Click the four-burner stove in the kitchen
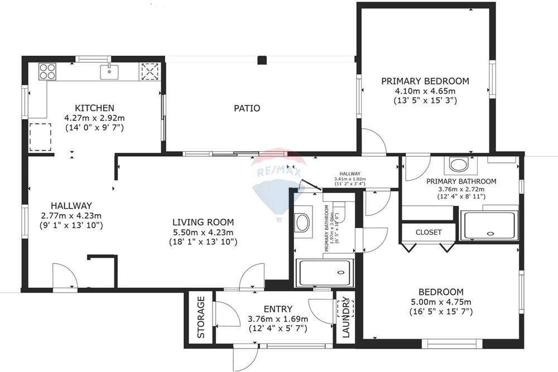[x=47, y=71]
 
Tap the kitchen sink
[x=110, y=71]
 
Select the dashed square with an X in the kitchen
[x=150, y=71]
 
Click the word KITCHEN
[x=95, y=108]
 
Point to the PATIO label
[x=247, y=108]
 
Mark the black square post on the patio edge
[x=262, y=60]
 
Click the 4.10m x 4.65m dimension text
[x=425, y=91]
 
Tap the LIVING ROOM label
[x=203, y=222]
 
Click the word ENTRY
[x=277, y=310]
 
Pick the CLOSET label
[x=429, y=232]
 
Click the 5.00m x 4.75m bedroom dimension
[x=441, y=302]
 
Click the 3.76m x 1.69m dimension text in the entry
[x=277, y=320]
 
